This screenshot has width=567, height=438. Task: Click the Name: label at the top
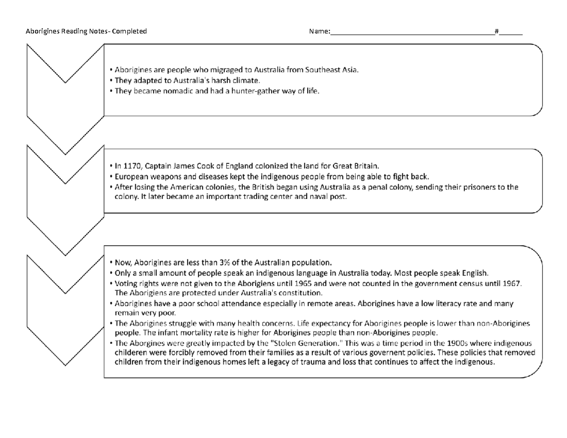319,32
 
